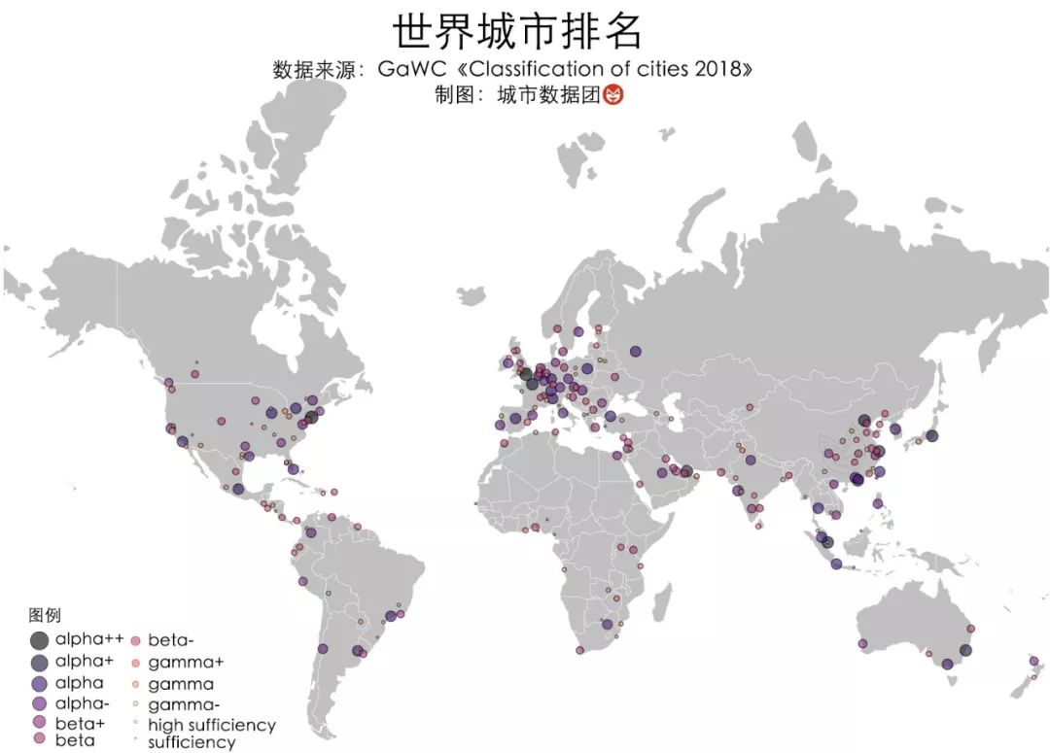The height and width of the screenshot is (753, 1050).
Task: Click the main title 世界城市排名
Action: (517, 32)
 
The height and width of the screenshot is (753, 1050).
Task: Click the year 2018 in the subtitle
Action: (723, 71)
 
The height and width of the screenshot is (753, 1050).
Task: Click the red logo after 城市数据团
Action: (613, 95)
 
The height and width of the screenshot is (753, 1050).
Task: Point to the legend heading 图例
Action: (45, 615)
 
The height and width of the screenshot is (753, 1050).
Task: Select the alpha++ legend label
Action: (89, 639)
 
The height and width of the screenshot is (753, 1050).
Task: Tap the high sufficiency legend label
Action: (211, 725)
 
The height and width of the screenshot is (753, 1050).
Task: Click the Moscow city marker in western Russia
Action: (635, 352)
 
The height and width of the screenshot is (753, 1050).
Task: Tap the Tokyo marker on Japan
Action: (931, 435)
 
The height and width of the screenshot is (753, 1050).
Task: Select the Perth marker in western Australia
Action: (862, 643)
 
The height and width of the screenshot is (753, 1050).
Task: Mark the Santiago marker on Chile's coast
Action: (323, 649)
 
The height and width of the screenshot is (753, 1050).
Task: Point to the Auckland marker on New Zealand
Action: (1033, 661)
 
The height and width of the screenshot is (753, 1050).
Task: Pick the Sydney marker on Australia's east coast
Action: (965, 650)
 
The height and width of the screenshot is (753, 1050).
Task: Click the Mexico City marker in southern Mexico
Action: (238, 489)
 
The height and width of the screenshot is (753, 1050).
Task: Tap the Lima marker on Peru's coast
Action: (302, 581)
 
